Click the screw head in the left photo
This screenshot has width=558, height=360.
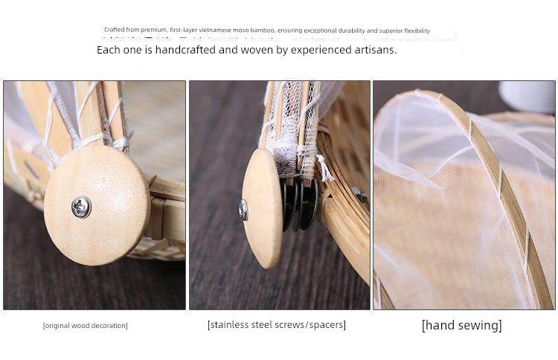click(x=81, y=207)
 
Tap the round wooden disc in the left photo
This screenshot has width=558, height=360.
click(x=97, y=205)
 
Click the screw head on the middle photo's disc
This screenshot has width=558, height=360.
click(x=243, y=210)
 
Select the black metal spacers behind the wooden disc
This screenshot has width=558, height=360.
click(x=300, y=204)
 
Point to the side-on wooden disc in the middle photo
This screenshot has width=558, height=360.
click(x=263, y=208)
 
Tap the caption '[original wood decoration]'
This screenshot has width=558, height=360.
click(x=85, y=326)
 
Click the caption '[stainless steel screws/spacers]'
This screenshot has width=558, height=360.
click(x=277, y=325)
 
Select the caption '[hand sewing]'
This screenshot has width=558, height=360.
click(x=461, y=325)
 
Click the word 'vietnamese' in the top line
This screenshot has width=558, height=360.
click(x=215, y=30)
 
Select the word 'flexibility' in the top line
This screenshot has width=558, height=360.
click(x=417, y=30)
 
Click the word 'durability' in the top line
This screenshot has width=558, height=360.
click(x=352, y=30)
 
